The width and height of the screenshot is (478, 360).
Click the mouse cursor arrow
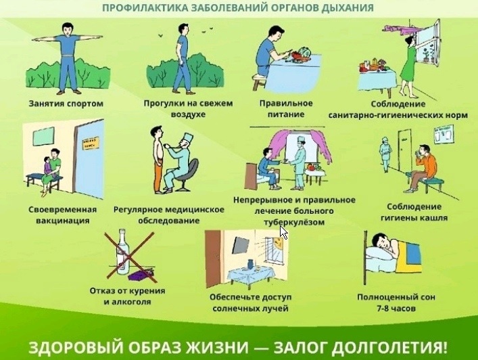click(283, 233)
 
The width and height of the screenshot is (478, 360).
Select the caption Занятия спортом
click(66, 104)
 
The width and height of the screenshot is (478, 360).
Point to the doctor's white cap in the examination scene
click(187, 138)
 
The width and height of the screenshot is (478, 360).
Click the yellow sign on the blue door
click(91, 143)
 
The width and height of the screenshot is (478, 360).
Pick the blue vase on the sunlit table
click(251, 264)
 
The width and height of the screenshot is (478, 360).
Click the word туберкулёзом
click(294, 222)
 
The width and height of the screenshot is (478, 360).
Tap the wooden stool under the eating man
click(260, 81)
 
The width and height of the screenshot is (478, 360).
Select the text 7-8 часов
click(396, 309)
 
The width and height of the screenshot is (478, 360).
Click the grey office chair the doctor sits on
click(187, 175)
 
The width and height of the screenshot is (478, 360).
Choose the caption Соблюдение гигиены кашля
click(414, 212)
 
